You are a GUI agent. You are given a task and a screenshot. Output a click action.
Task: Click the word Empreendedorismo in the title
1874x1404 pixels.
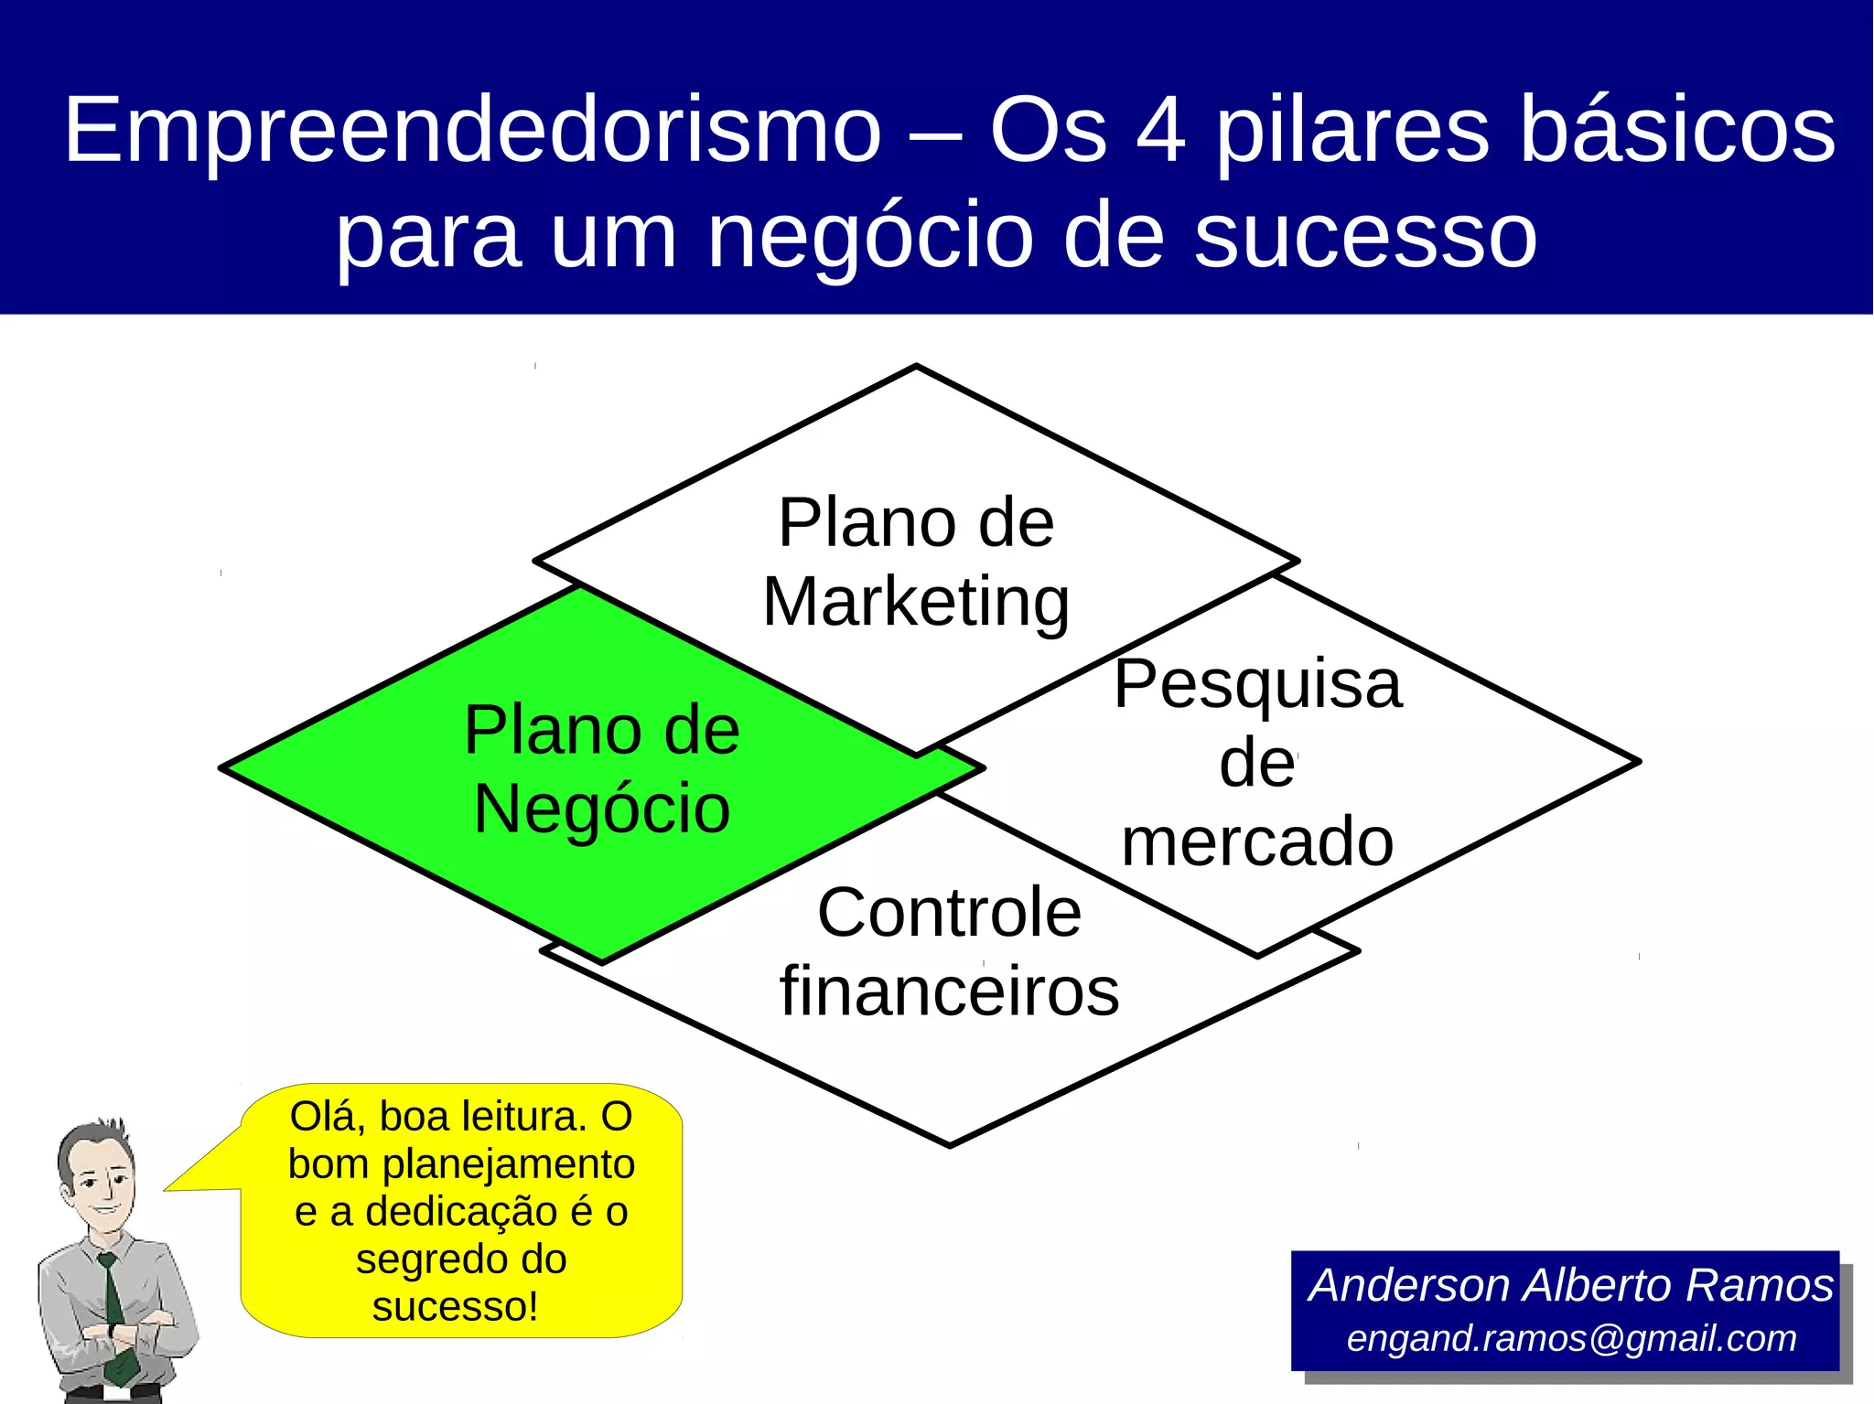(x=472, y=131)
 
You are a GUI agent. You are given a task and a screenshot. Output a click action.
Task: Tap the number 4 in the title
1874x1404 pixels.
(x=1162, y=131)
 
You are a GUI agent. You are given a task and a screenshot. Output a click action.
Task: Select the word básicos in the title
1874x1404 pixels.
(x=1677, y=131)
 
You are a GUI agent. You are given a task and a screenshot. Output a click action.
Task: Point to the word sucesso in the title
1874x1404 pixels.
(x=1365, y=236)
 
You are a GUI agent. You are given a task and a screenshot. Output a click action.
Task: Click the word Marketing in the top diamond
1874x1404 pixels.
(x=916, y=603)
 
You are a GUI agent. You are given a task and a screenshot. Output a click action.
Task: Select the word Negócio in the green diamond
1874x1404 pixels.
(x=602, y=809)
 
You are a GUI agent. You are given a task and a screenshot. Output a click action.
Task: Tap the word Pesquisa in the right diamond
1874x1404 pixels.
(x=1257, y=684)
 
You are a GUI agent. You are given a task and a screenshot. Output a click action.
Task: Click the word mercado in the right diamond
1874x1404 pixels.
(x=1257, y=842)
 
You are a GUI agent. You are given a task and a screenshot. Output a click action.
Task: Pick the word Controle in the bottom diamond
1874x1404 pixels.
(x=949, y=913)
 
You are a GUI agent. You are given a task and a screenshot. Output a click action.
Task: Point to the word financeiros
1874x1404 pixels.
(x=949, y=991)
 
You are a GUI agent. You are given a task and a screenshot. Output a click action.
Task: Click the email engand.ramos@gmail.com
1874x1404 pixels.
(x=1571, y=1338)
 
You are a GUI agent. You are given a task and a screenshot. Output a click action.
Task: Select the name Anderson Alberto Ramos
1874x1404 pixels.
(x=1571, y=1285)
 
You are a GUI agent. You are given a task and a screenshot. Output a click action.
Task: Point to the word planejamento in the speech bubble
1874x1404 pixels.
(x=508, y=1164)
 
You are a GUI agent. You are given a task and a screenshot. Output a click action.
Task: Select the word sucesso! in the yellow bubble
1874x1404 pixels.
(x=455, y=1306)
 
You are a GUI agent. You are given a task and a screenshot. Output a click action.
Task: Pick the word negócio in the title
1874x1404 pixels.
(x=870, y=236)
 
